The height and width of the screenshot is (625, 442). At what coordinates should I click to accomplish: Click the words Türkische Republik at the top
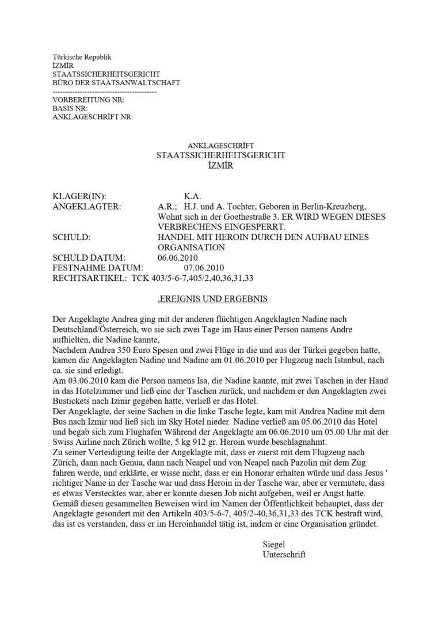82,57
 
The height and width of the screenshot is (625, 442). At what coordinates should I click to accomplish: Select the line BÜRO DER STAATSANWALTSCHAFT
116,83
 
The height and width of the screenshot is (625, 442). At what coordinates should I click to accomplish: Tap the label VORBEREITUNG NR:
88,100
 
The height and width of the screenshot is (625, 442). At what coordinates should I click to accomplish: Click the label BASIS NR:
70,108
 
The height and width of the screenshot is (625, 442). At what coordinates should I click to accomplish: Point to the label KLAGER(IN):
79,196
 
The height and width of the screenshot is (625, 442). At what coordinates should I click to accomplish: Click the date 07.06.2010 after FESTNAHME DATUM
204,268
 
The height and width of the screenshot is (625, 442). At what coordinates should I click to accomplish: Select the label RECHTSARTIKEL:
89,279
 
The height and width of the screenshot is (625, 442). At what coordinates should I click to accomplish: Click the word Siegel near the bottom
273,544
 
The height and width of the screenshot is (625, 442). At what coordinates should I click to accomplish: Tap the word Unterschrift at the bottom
284,555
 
